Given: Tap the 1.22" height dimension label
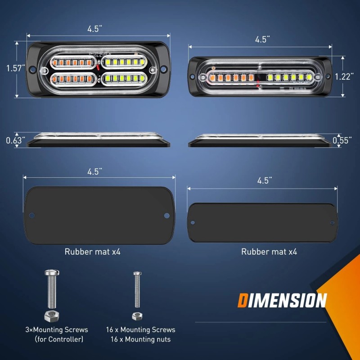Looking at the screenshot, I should click(x=344, y=76).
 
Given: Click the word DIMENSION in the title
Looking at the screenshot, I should click(x=282, y=300).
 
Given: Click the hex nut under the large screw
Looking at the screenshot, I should click(x=51, y=316).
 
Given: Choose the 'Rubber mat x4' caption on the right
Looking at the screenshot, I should click(x=269, y=252).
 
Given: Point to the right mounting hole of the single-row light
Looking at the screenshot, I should click(x=319, y=77).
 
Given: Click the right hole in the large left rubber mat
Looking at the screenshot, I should click(x=166, y=216).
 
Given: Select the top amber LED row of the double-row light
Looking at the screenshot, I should click(x=71, y=62).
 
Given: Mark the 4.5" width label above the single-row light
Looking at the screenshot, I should click(x=262, y=40).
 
